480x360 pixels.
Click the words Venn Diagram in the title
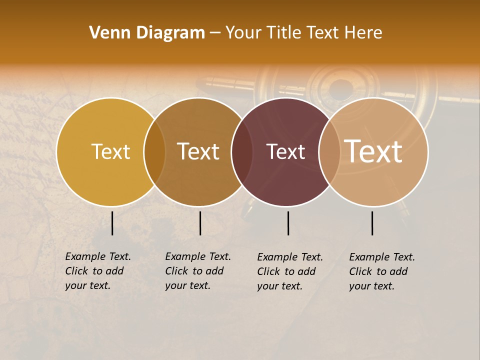click(x=147, y=33)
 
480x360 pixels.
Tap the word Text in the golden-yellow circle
click(x=110, y=152)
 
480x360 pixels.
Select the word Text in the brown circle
click(x=198, y=152)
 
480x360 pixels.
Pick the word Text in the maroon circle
click(x=285, y=152)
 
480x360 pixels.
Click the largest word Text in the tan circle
click(x=373, y=151)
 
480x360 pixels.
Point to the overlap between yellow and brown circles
click(x=154, y=152)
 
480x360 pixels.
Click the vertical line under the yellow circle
click(x=112, y=223)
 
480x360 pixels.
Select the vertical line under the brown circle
click(x=200, y=223)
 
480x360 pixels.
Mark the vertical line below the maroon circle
click(x=288, y=223)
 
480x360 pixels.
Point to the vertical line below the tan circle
click(x=372, y=223)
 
